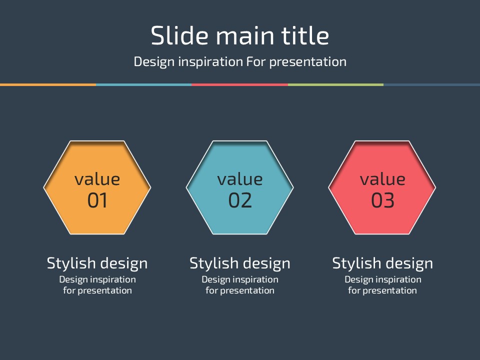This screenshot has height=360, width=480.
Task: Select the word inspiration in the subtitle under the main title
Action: pos(210,62)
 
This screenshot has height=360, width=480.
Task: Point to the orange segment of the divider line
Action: pos(48,85)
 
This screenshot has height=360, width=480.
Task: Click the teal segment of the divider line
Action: pos(144,85)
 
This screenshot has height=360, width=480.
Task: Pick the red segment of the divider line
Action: pos(240,85)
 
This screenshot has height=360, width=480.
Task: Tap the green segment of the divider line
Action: pos(336,85)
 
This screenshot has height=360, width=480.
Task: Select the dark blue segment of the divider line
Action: pos(432,85)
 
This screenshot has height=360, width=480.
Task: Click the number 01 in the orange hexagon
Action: pos(97,200)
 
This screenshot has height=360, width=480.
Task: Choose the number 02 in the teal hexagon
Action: pos(240,200)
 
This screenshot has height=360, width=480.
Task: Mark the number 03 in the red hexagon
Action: pos(382,200)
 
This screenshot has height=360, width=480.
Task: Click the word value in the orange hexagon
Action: pos(97,179)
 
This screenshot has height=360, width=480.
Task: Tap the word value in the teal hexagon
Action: pos(240,179)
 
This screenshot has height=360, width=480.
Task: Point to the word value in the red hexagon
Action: pos(382,179)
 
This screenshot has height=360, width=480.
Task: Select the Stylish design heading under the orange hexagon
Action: pos(97,264)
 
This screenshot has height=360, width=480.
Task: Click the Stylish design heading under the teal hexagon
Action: pos(240,264)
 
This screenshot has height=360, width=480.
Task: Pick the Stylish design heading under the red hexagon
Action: pos(382,264)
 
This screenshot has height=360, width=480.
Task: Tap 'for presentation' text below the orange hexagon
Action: pos(97,290)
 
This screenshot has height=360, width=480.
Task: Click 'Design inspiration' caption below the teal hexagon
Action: pos(240,280)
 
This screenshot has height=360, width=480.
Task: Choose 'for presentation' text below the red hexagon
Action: pos(382,290)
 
